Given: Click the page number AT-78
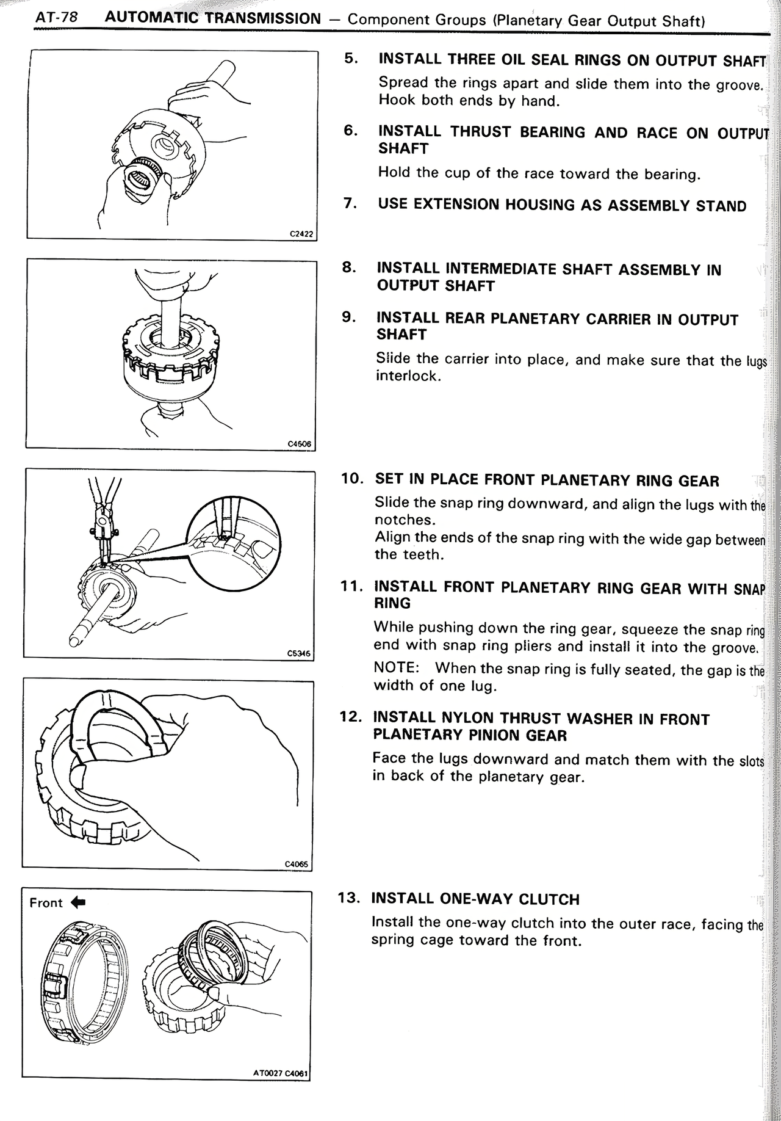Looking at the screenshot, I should [56, 18].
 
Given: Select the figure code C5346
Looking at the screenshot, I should [299, 653].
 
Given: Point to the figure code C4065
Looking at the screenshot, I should [298, 863].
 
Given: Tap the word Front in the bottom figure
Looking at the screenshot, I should [46, 903].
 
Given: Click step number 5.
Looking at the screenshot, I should [350, 59].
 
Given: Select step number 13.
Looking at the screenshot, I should [350, 898].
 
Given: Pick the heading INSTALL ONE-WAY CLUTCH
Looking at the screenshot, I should [475, 899].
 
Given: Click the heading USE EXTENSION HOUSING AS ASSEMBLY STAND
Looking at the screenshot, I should [561, 205].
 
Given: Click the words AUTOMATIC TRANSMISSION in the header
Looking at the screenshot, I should [212, 18].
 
